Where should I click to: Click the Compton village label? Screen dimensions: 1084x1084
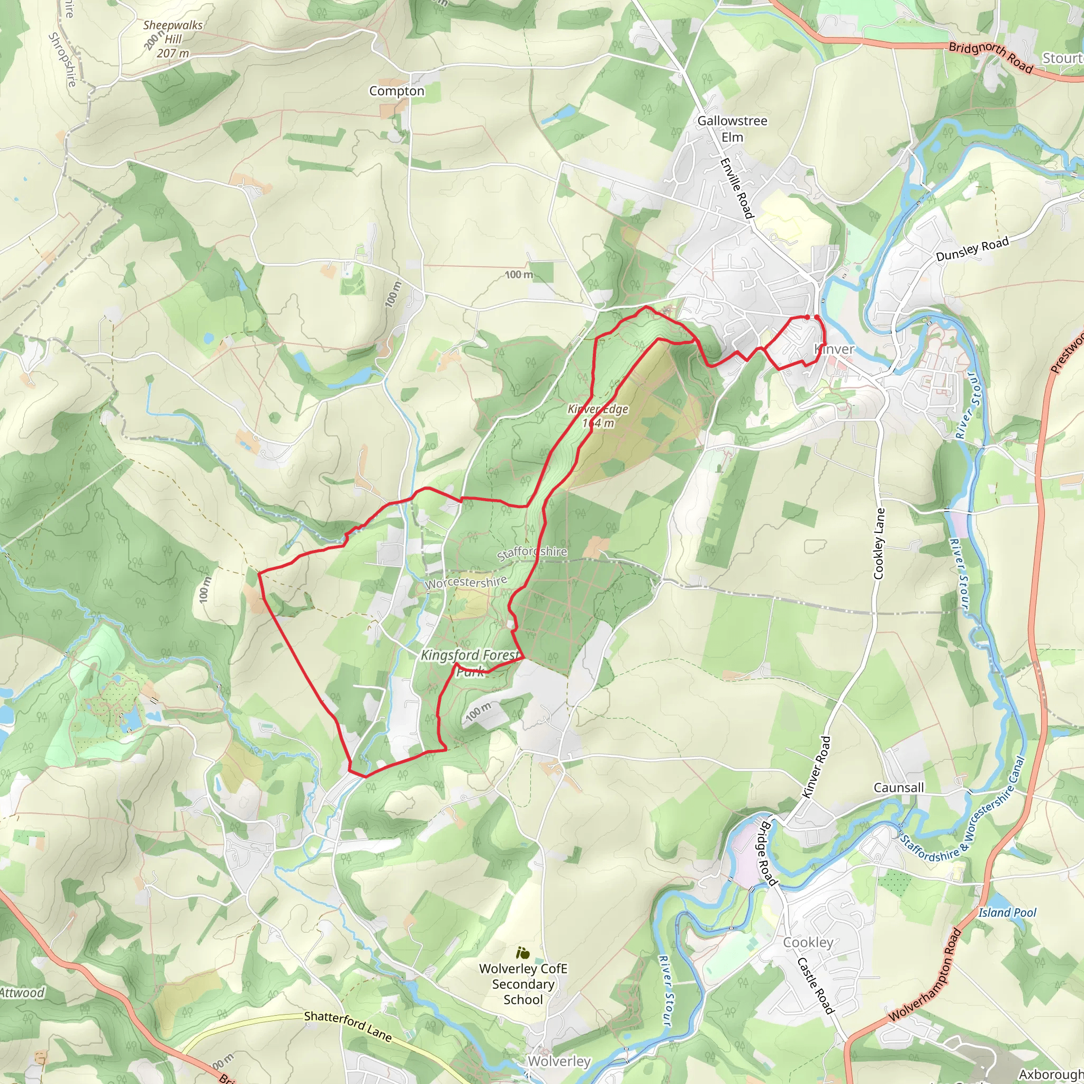(396, 91)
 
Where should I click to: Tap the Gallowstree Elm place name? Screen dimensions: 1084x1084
(732, 129)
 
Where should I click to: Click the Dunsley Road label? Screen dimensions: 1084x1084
(972, 249)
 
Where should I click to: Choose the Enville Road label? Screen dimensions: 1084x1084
(737, 188)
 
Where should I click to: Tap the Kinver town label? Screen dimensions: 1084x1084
(834, 349)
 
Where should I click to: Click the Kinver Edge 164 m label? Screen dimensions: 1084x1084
(598, 415)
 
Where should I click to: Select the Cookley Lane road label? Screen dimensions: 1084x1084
(879, 543)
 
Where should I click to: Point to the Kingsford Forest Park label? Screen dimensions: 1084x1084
(470, 663)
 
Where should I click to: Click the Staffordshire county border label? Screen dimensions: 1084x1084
(532, 553)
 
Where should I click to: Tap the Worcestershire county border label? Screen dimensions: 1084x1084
(466, 582)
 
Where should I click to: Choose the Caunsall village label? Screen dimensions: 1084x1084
(898, 788)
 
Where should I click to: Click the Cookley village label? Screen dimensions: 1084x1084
(808, 942)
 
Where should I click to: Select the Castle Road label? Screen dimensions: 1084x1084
(816, 985)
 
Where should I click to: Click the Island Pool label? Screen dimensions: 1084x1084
(1007, 913)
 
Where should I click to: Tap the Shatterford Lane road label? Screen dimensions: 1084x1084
(348, 1026)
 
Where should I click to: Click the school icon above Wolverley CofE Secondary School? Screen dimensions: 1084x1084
(522, 952)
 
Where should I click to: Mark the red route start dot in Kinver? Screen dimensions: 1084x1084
(807, 318)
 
